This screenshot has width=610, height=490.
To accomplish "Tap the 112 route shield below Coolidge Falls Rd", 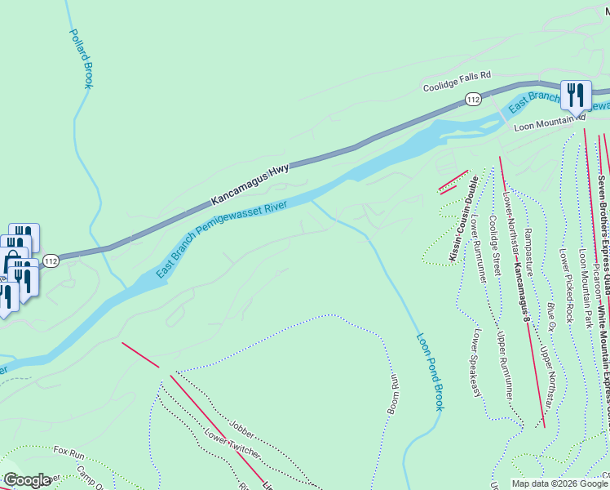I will click(473, 99).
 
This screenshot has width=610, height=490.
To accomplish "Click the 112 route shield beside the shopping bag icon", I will click(51, 261).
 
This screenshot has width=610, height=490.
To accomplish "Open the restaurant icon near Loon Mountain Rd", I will click(577, 95).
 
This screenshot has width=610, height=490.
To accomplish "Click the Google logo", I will click(28, 479).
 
